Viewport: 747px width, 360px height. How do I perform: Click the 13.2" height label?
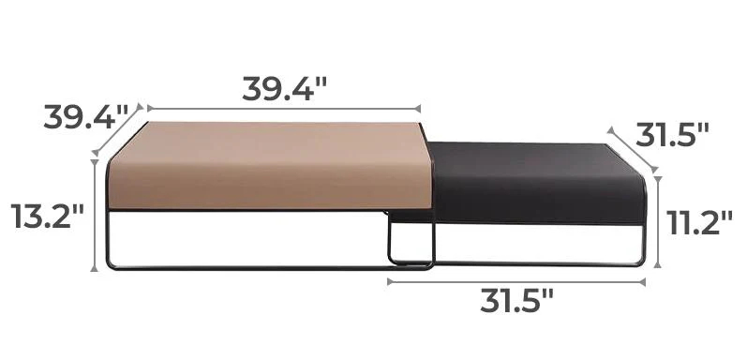tap(47, 216)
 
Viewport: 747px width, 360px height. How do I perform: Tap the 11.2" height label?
tap(699, 222)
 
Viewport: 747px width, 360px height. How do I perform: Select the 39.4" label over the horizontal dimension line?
tap(284, 88)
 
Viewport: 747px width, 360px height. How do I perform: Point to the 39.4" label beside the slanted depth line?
tap(86, 117)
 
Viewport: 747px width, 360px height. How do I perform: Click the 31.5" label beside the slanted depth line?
tap(672, 135)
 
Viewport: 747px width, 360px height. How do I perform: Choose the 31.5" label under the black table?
tap(516, 300)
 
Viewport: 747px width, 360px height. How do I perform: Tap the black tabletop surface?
tap(538, 181)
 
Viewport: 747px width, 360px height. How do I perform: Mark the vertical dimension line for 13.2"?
tap(95, 216)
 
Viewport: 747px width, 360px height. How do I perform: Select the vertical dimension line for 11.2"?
tap(658, 222)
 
